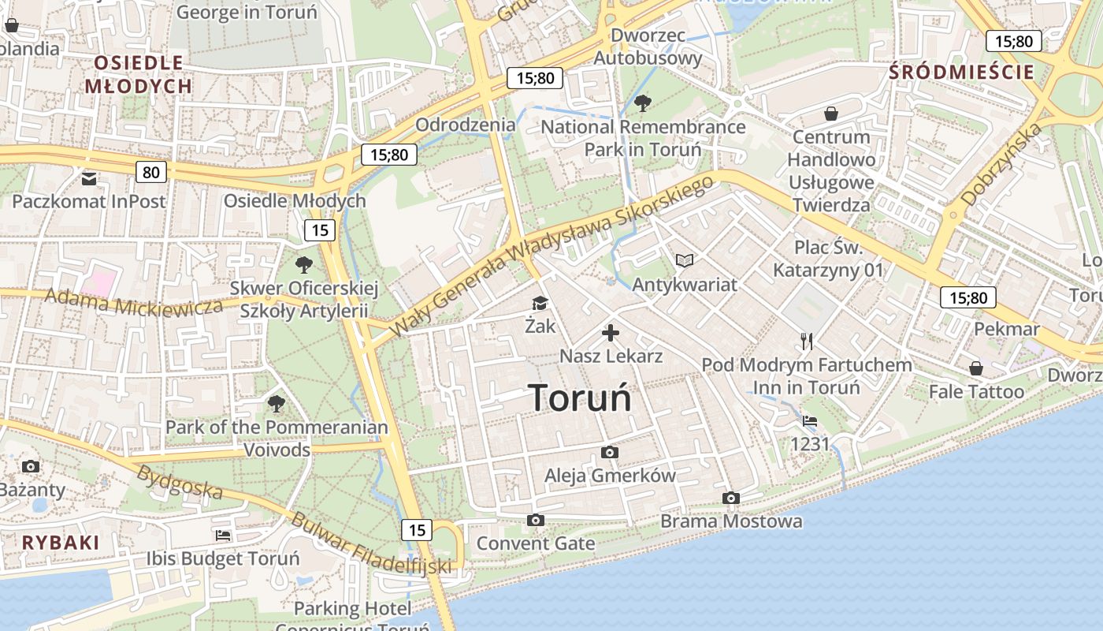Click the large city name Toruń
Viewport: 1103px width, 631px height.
580,398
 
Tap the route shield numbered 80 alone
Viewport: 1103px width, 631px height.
151,172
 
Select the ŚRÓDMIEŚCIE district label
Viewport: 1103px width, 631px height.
961,73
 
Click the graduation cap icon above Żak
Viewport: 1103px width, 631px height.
540,304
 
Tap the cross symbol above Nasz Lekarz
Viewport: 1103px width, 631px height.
611,333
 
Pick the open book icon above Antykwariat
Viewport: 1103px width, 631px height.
685,260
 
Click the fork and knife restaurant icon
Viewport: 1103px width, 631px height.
806,342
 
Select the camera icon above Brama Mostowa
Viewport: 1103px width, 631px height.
731,498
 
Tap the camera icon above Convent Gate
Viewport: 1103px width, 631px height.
536,520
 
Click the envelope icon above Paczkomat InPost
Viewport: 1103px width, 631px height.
89,178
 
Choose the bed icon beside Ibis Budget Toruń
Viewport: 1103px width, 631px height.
223,536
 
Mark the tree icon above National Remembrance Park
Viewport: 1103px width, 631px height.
643,103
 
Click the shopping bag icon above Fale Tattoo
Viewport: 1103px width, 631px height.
976,368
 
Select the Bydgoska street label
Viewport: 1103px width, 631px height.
179,482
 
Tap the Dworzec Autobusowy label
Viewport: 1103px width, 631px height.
648,47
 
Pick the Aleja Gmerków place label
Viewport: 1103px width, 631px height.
610,476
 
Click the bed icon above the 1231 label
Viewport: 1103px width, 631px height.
810,420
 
